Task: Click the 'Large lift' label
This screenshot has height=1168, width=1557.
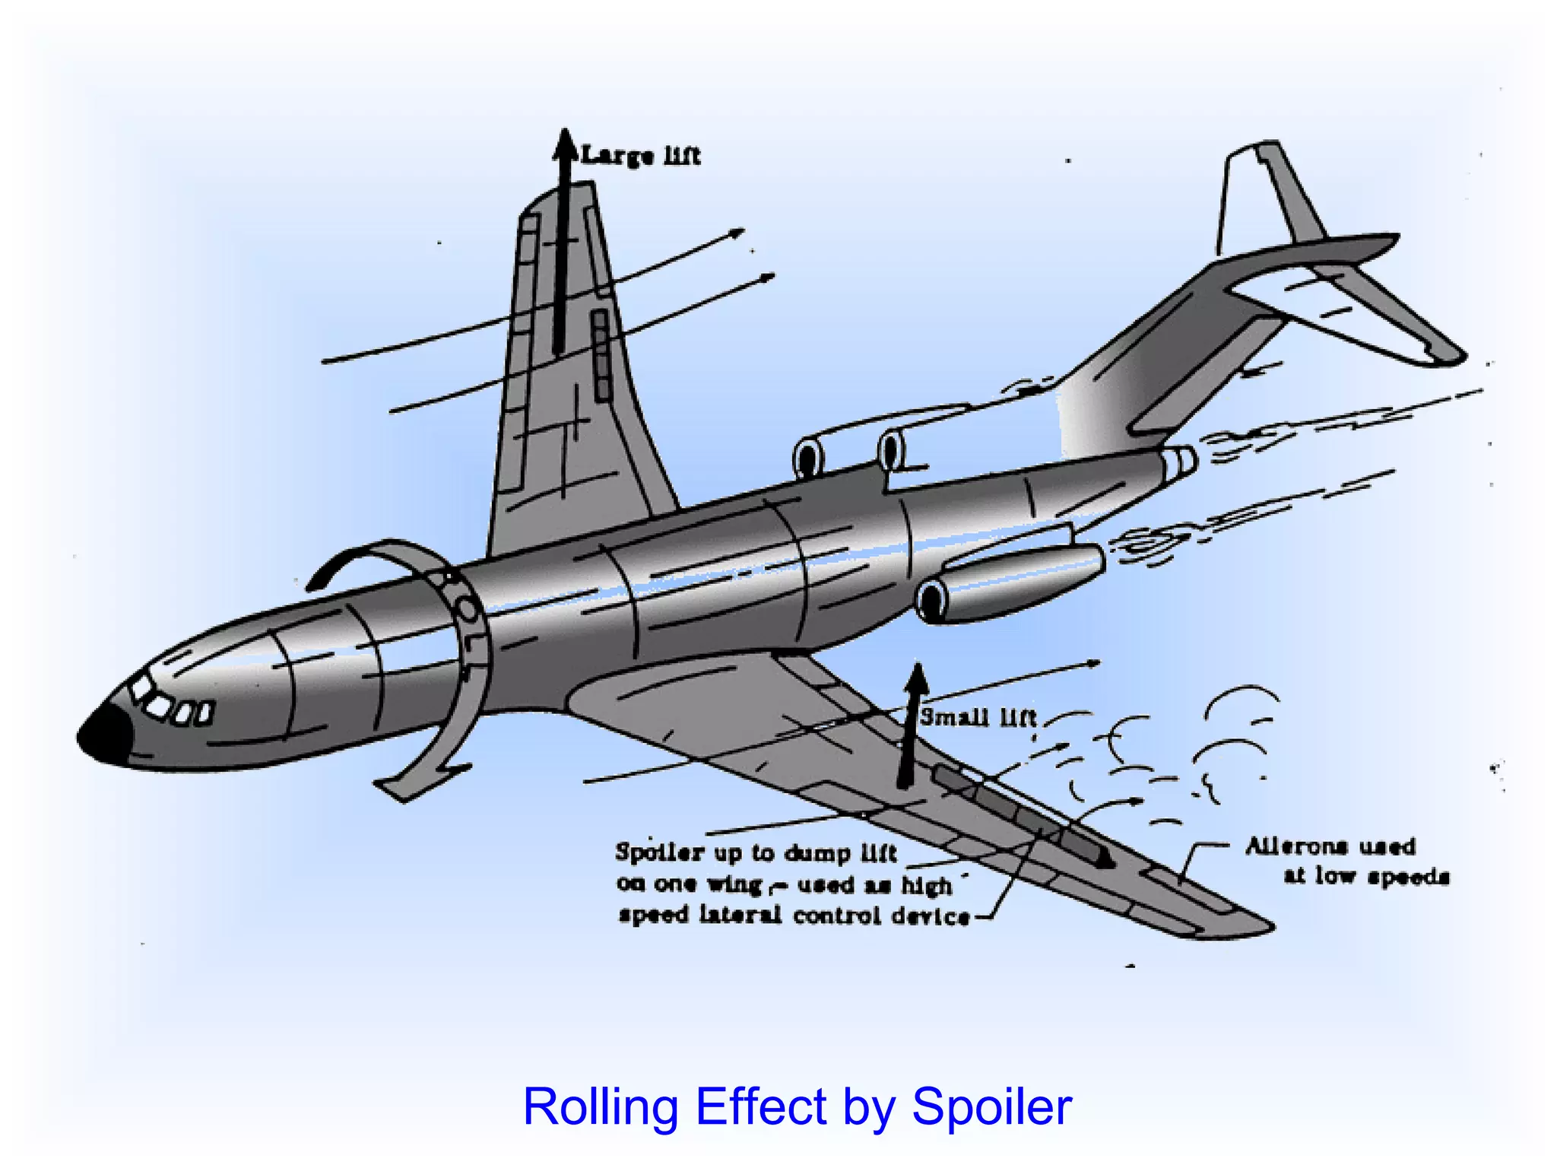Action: pos(640,156)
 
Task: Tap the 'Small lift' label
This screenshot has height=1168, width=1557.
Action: pos(978,717)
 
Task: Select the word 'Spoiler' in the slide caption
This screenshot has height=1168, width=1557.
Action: pos(991,1106)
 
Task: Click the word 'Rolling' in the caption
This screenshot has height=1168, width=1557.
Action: pos(600,1106)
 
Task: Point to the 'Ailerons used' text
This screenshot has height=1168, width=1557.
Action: pos(1330,846)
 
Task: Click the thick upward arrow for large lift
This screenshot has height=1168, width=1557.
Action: pos(563,243)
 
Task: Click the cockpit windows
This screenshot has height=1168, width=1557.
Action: pos(171,704)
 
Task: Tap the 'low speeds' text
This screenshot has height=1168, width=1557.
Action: pos(1366,876)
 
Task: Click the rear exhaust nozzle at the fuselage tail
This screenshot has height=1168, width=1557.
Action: pos(1178,462)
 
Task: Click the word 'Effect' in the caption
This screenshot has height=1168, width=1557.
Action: pos(760,1106)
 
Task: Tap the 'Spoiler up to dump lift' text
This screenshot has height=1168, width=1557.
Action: pos(756,852)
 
